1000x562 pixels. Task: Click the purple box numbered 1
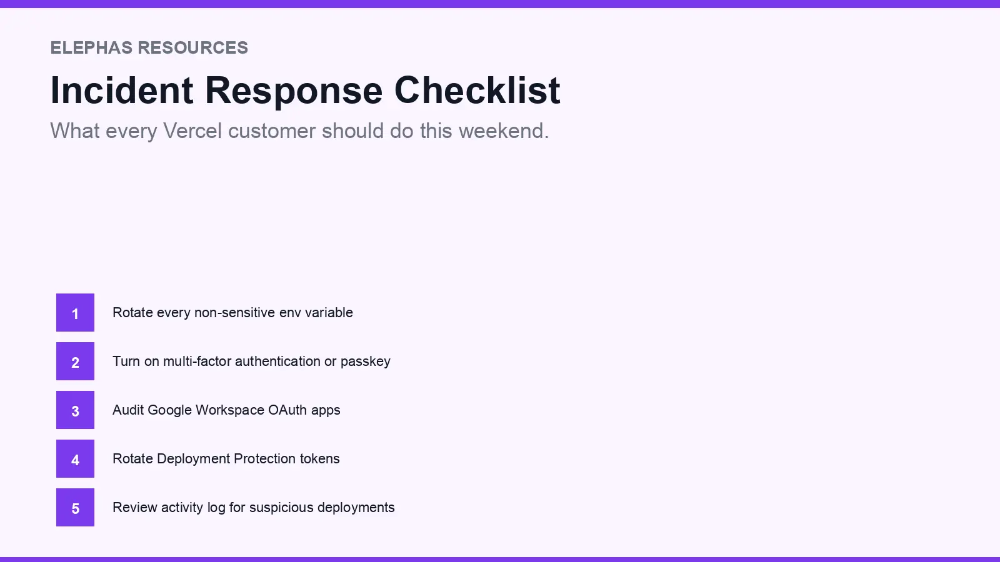point(75,312)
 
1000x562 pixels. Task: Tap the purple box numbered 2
point(75,361)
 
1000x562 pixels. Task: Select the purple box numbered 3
point(75,410)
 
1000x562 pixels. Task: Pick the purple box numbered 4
point(75,458)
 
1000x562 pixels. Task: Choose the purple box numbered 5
point(75,507)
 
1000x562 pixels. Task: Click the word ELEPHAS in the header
point(91,48)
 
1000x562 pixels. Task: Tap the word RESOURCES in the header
point(193,48)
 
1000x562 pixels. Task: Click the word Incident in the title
point(122,90)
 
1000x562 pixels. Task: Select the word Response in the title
point(294,90)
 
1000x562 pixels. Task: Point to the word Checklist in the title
point(477,90)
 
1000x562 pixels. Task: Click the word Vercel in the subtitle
point(192,131)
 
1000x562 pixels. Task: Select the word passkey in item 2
point(365,362)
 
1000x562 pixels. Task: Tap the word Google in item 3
point(169,410)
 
